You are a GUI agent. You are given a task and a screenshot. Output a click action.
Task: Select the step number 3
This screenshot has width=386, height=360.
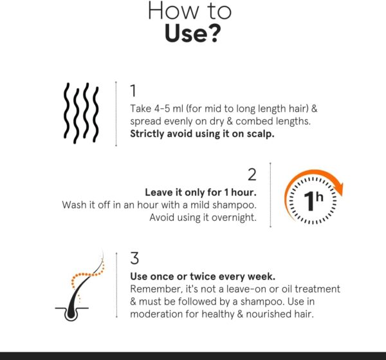134,258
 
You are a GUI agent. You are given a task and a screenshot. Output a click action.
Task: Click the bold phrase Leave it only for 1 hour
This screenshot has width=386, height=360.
201,193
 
